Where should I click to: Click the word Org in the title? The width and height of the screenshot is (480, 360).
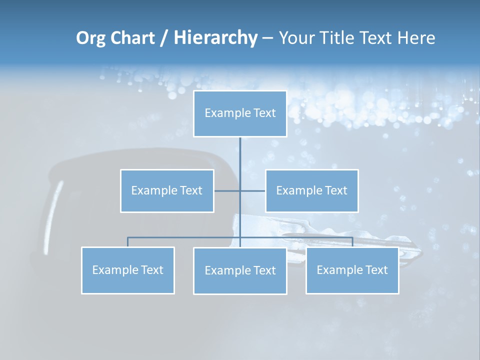(x=90, y=38)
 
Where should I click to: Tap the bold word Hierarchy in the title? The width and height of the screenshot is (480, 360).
(x=215, y=38)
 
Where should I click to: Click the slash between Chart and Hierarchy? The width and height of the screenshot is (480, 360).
(x=164, y=38)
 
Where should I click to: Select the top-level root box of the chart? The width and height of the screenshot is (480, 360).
(x=240, y=113)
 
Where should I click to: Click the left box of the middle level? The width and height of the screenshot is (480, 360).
(x=167, y=190)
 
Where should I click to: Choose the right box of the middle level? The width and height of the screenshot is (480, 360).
(x=311, y=190)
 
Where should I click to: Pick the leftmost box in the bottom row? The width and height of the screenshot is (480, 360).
(x=127, y=270)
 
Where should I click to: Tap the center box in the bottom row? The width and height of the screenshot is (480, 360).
(x=240, y=270)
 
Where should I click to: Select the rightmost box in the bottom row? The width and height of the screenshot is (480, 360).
(x=352, y=270)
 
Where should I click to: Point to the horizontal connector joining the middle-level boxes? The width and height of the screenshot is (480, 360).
(x=227, y=190)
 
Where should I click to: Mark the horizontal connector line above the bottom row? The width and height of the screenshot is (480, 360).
(x=185, y=237)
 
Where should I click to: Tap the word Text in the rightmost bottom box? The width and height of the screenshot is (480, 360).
(x=376, y=270)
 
